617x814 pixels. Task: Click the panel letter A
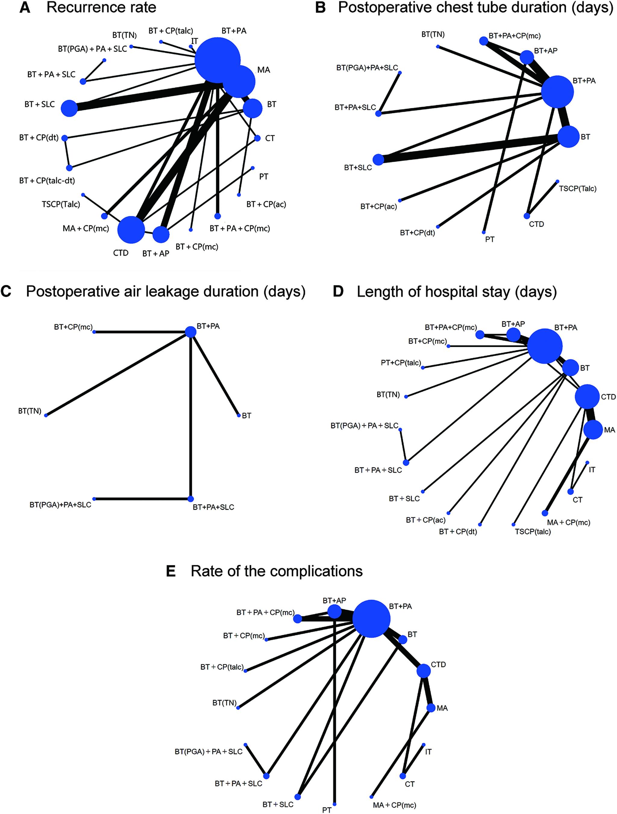(25, 7)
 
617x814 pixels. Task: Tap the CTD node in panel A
(131, 230)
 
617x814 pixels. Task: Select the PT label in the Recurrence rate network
(263, 177)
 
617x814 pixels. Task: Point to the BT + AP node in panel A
(161, 234)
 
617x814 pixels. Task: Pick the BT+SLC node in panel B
(378, 160)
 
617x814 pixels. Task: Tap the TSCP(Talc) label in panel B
(577, 189)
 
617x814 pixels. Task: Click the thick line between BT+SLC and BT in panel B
(471, 148)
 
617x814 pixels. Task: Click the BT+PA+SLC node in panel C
(190, 499)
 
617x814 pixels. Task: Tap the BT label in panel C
(246, 416)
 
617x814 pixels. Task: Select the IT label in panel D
(592, 470)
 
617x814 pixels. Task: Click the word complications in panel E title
(316, 571)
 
